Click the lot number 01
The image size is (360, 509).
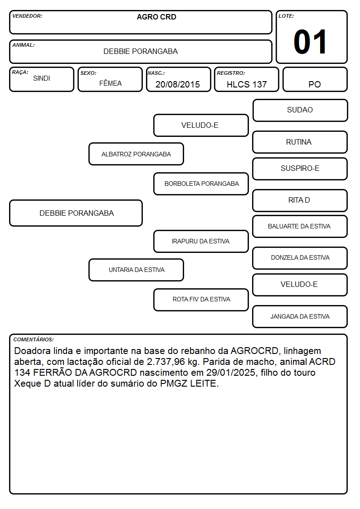[310, 42]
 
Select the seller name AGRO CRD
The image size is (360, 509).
[156, 17]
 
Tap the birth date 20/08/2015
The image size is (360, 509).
[178, 84]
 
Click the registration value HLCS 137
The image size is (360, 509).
[247, 84]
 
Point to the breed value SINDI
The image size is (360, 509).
[42, 78]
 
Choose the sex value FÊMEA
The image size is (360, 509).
[110, 83]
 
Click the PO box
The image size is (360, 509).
[315, 79]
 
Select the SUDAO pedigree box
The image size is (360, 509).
[300, 111]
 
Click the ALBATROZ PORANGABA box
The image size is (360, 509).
[136, 154]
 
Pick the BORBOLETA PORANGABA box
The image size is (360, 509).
[201, 184]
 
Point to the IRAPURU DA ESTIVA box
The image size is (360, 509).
[201, 241]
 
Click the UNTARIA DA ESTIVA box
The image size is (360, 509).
[136, 270]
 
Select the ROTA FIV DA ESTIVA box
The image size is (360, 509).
[201, 300]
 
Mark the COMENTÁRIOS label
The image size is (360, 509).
[34, 339]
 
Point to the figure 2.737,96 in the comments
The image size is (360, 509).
[166, 362]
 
